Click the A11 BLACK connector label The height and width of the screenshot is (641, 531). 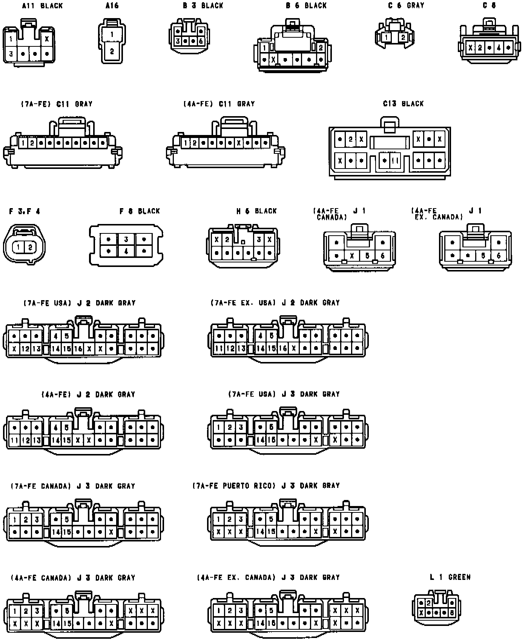pyautogui.click(x=42, y=6)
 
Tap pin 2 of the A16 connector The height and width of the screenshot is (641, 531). pyautogui.click(x=112, y=52)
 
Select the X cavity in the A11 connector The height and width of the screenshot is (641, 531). pyautogui.click(x=47, y=38)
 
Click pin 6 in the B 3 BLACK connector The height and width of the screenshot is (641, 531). pyautogui.click(x=201, y=41)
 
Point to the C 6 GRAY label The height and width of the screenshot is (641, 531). pyautogui.click(x=406, y=6)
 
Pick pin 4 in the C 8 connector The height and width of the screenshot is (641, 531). pyautogui.click(x=499, y=48)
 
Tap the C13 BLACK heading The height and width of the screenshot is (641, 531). pyautogui.click(x=403, y=104)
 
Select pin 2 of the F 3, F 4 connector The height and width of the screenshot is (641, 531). pyautogui.click(x=30, y=247)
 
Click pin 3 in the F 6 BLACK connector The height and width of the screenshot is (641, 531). pyautogui.click(x=126, y=239)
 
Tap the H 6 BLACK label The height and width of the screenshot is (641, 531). pyautogui.click(x=256, y=211)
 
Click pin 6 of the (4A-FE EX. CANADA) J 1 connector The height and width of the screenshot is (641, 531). pyautogui.click(x=499, y=256)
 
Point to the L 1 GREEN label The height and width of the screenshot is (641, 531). pyautogui.click(x=450, y=577)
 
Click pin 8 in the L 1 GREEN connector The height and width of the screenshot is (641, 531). pyautogui.click(x=452, y=613)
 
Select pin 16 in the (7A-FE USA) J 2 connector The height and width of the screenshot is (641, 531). pyautogui.click(x=78, y=349)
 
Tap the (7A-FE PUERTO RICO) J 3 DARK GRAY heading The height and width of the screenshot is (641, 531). pyautogui.click(x=266, y=486)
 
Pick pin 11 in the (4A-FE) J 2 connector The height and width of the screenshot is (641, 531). pyautogui.click(x=14, y=440)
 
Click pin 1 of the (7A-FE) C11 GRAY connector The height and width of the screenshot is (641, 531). pyautogui.click(x=23, y=143)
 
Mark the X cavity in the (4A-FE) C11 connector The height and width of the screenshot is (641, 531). pyautogui.click(x=239, y=143)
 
